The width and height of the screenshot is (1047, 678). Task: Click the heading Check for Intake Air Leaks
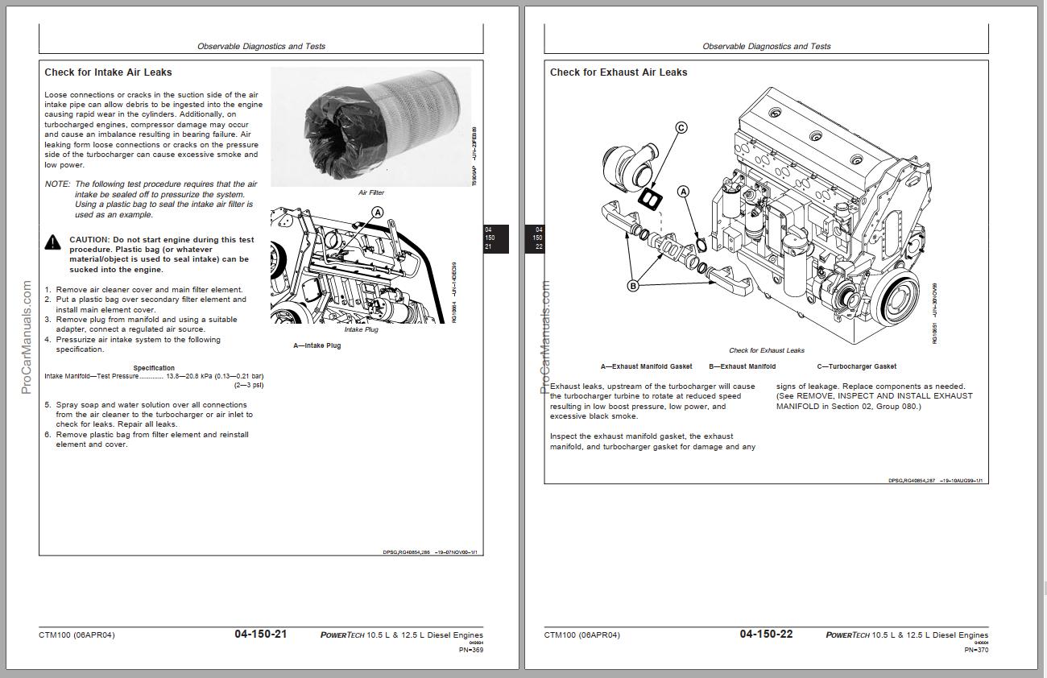(x=108, y=72)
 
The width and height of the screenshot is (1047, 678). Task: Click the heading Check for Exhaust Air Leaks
(x=619, y=72)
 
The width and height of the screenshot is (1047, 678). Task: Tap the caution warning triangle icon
(x=52, y=242)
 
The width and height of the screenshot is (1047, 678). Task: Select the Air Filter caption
(x=371, y=193)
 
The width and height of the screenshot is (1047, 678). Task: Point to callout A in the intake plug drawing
(x=377, y=213)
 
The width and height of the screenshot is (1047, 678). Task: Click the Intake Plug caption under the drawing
(x=361, y=329)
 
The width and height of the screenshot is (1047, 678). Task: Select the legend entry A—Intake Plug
(x=317, y=346)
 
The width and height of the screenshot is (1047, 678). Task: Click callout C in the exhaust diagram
(x=681, y=127)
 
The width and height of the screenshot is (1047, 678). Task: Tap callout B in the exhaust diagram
(x=633, y=286)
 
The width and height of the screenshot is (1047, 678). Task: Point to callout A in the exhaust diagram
(x=684, y=192)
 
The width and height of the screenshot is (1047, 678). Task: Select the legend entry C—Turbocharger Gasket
(x=856, y=366)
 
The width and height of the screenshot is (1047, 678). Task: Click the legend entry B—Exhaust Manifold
(x=742, y=366)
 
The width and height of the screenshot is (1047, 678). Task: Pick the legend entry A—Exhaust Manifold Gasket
(x=646, y=366)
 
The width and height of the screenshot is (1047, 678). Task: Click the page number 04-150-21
(x=260, y=635)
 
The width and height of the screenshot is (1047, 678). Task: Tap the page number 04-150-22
(x=766, y=635)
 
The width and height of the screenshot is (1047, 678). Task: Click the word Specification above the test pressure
(x=154, y=368)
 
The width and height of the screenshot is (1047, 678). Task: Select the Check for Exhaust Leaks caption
(x=767, y=350)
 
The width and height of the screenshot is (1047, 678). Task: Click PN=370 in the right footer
(x=976, y=650)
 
